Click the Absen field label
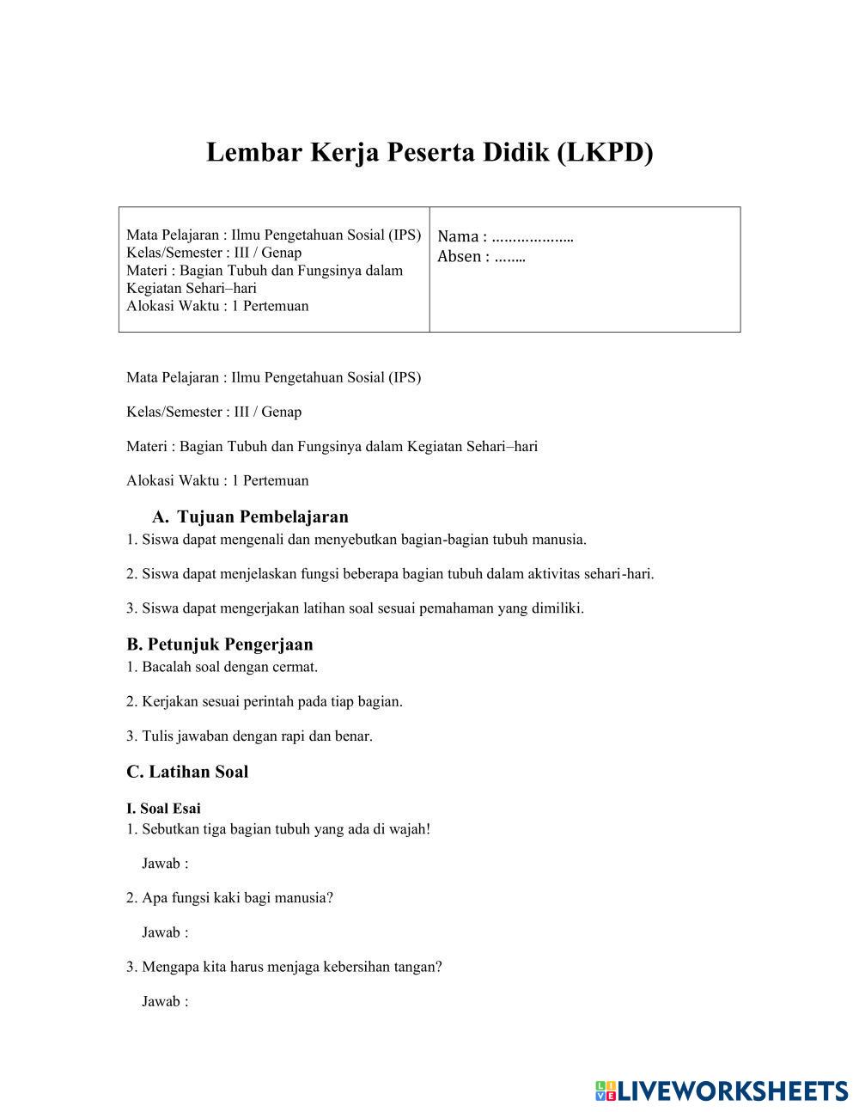461,256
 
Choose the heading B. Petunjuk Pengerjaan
220,644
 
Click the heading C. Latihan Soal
187,771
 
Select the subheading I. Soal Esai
163,808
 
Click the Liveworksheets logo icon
605,1091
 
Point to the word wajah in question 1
410,829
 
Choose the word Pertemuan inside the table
275,306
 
